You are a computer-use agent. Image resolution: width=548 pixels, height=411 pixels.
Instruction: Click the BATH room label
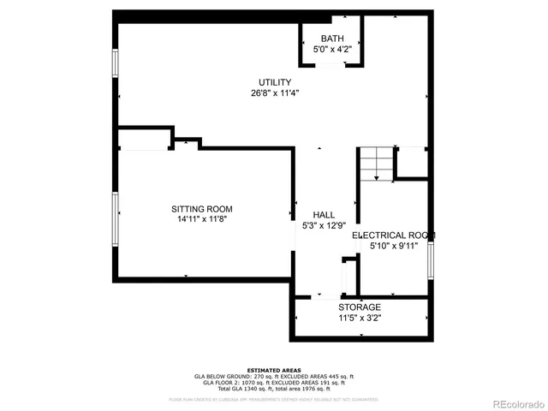332,39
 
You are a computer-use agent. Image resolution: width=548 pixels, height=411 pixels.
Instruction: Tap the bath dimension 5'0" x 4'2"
332,50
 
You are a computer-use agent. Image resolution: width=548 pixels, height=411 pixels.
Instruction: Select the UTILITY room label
275,82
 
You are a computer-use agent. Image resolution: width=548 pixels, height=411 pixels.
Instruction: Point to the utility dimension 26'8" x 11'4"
275,93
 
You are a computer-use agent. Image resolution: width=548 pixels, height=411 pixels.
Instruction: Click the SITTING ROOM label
202,209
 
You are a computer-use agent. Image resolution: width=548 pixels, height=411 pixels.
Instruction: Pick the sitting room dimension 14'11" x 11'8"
202,220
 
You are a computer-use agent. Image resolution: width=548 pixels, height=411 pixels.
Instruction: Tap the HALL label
324,215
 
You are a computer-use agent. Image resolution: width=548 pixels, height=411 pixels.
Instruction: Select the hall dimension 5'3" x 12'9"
324,226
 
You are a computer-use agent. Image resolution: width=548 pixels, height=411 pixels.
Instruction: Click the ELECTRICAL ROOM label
394,235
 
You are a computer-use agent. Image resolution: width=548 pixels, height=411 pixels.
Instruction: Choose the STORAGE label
360,307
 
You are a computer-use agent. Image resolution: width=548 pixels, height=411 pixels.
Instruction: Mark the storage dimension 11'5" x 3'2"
360,318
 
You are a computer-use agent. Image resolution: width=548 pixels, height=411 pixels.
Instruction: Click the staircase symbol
375,164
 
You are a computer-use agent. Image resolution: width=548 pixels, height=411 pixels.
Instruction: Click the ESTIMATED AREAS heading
274,370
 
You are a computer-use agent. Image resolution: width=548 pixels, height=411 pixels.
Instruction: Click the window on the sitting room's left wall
115,217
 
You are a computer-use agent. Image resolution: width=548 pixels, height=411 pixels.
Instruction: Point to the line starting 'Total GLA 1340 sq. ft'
274,388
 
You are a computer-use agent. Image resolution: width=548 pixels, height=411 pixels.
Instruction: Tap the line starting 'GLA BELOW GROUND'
274,376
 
